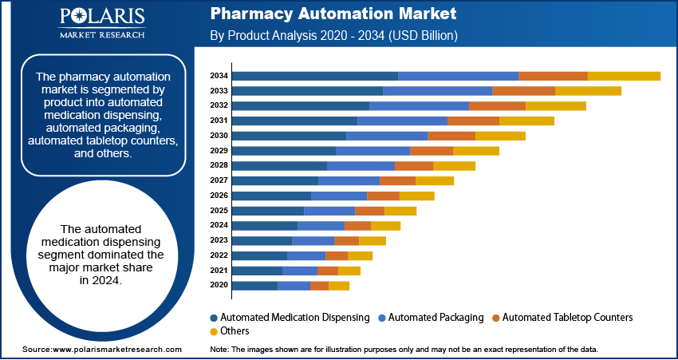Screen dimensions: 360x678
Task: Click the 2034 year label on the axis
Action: (219, 76)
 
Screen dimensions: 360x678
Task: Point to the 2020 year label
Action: (219, 285)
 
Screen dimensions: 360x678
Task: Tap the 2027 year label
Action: (219, 180)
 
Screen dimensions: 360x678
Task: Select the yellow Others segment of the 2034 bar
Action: (624, 76)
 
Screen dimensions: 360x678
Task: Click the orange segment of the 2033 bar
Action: (523, 91)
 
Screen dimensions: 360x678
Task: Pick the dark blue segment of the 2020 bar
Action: (254, 285)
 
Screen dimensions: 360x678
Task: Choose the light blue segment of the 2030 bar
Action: (387, 136)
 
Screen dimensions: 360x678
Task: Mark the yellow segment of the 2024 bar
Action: (385, 225)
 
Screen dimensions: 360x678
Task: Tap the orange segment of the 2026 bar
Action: (383, 196)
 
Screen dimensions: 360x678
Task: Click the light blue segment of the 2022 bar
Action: (306, 255)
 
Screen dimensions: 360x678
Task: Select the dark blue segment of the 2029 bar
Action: (284, 151)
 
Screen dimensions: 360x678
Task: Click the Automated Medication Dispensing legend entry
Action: (289, 317)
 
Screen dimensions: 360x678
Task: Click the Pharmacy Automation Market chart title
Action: (333, 14)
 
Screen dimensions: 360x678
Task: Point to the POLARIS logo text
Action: (101, 18)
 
